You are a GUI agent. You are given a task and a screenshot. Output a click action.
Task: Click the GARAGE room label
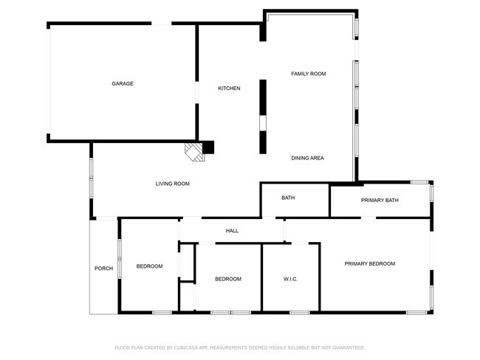(x=123, y=84)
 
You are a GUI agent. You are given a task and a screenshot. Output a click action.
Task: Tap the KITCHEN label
(x=229, y=89)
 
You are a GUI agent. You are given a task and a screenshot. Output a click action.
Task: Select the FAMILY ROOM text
(x=309, y=74)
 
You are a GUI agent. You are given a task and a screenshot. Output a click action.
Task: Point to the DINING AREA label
(x=307, y=158)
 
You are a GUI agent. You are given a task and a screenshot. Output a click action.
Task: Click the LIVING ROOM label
(x=172, y=184)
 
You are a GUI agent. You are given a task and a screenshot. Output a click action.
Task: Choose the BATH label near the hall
(x=288, y=198)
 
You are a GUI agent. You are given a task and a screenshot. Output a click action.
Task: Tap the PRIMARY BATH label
(x=380, y=200)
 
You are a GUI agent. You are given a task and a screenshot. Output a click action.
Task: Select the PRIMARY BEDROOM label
(x=370, y=263)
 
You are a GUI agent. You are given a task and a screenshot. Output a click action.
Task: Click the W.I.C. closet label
(x=289, y=279)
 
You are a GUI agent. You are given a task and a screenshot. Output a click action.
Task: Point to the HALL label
(x=232, y=231)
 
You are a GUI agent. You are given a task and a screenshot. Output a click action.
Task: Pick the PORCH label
(x=103, y=269)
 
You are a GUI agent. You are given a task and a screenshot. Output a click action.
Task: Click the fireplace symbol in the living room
(x=193, y=151)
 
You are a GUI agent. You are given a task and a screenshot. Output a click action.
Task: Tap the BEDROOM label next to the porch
(x=149, y=266)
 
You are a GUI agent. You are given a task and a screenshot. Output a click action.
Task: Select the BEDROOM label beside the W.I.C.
(x=227, y=279)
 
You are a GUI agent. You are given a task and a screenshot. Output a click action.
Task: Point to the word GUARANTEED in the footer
(x=344, y=347)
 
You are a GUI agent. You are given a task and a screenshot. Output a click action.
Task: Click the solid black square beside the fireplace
(x=208, y=148)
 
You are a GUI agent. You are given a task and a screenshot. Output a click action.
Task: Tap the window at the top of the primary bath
(x=420, y=181)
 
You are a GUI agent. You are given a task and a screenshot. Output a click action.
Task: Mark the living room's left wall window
(x=92, y=179)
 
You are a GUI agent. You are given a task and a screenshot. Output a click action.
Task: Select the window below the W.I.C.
(x=299, y=313)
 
